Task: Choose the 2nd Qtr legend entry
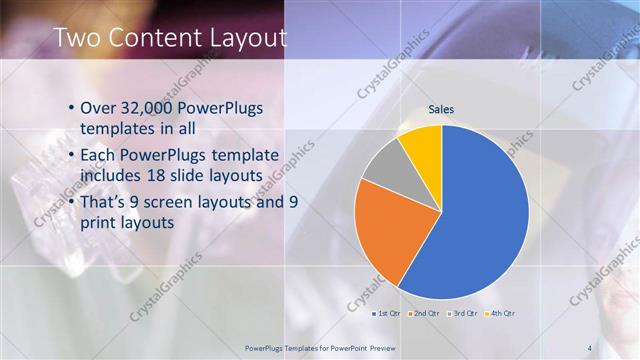click(x=423, y=314)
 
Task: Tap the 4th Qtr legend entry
click(x=499, y=314)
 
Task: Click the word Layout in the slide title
click(x=247, y=38)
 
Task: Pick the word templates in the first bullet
click(x=115, y=128)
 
